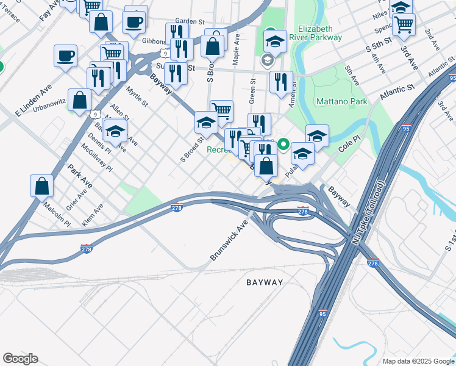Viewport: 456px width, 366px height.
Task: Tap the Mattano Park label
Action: (342, 101)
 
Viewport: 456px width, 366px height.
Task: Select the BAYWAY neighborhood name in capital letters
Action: (265, 282)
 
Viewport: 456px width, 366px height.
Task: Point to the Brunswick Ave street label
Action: (230, 240)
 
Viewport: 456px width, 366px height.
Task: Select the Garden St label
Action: (189, 21)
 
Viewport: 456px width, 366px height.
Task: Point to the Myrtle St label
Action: (137, 96)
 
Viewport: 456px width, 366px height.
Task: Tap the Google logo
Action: (20, 359)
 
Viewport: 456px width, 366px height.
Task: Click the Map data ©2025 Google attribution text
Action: (418, 361)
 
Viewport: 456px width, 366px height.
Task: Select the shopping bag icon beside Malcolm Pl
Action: (41, 186)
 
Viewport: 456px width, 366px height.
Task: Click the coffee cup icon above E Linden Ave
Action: (65, 56)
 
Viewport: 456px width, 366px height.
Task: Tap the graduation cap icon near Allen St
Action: (115, 131)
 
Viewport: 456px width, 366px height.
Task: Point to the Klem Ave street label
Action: (93, 215)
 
